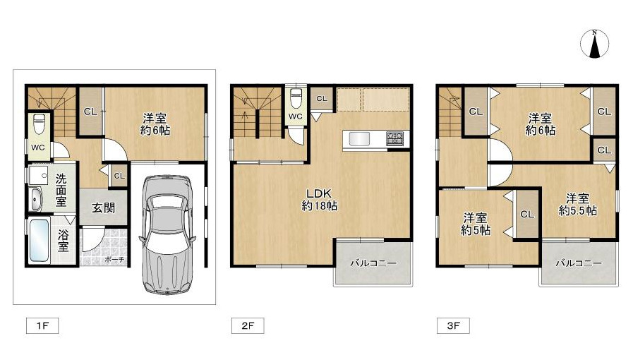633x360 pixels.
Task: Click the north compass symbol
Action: pos(595,44)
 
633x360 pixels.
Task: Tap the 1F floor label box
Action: pos(42,325)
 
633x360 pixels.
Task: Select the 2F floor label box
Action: pos(248,325)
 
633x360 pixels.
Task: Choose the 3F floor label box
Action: pos(453,325)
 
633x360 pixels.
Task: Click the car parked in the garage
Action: pos(167,234)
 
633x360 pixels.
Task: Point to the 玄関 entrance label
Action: pos(104,208)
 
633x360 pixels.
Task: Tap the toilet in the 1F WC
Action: pos(39,124)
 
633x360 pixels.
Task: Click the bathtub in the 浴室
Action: pos(40,241)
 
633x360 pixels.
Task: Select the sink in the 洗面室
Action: pos(36,199)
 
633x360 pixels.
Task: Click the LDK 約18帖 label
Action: pos(320,199)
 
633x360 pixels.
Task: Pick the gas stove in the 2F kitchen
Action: pos(394,138)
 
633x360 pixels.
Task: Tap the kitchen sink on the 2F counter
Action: pos(359,139)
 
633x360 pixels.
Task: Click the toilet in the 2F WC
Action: pos(296,98)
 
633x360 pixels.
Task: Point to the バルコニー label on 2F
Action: pos(373,263)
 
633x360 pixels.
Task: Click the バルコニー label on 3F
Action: pos(579,263)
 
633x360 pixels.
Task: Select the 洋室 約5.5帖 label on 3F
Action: pos(578,204)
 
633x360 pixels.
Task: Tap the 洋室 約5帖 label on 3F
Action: pos(475,224)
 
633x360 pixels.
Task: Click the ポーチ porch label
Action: pos(114,260)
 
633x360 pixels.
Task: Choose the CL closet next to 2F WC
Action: pos(322,99)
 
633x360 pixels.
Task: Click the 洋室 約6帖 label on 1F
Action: pos(155,124)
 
